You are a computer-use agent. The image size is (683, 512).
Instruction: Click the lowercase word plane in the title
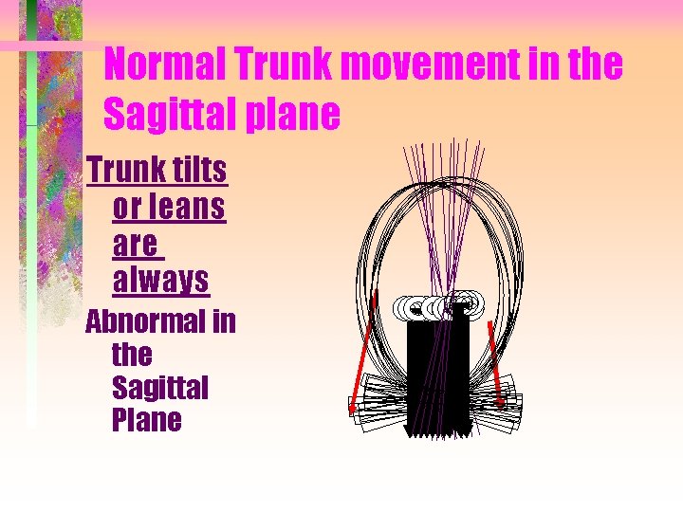[x=290, y=115]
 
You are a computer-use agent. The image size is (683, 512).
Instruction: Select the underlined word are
[x=136, y=244]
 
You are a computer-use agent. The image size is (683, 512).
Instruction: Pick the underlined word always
[x=160, y=280]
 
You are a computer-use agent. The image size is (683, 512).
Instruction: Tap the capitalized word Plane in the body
[x=146, y=420]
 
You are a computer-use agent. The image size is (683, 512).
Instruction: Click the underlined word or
[x=126, y=207]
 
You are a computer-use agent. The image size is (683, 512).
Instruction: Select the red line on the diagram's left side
[x=363, y=351]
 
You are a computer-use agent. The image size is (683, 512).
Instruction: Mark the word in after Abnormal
[x=224, y=322]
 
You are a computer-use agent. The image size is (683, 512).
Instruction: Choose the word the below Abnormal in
[x=131, y=356]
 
